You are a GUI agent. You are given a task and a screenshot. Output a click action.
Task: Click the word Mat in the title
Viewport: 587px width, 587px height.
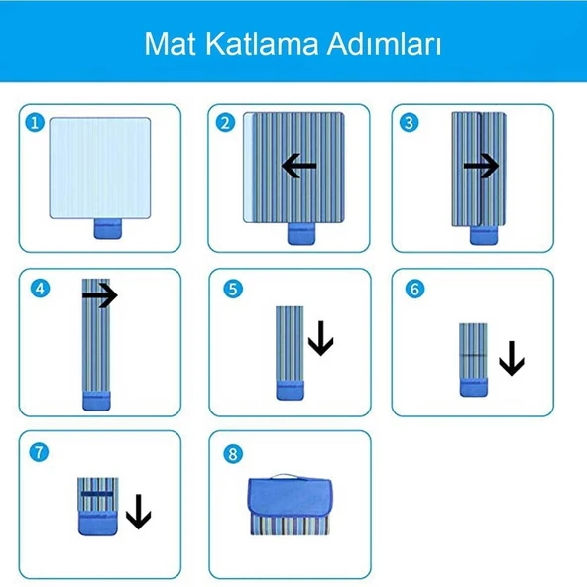coord(171,45)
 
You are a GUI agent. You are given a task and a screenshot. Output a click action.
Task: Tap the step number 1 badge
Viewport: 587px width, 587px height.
coord(37,122)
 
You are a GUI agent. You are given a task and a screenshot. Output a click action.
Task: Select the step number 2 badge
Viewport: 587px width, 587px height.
coord(226,122)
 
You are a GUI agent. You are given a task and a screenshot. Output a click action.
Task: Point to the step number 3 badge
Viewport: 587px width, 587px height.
coord(409,122)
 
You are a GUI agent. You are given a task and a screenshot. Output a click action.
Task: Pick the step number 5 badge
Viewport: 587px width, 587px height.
coord(233,289)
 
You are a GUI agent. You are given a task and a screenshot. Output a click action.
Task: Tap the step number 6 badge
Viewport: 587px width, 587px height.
coord(414,289)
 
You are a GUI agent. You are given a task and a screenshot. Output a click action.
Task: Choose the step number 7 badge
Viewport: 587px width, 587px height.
coord(39,452)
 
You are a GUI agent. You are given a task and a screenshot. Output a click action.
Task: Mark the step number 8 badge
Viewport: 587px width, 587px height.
coord(233,453)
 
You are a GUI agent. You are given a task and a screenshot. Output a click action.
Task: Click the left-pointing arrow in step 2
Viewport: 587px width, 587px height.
coord(298,166)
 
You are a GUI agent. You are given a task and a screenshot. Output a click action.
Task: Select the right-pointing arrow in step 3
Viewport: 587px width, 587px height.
coord(481,166)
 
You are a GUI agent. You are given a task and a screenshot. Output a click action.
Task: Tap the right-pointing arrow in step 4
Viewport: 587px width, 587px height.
coord(99,294)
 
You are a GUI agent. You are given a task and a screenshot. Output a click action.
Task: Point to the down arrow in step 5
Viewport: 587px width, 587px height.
coord(321,342)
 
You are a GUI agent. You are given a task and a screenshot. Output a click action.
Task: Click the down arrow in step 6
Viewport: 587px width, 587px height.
coord(511,358)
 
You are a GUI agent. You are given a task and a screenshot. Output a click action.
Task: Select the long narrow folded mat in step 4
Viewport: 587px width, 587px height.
coord(97,337)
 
